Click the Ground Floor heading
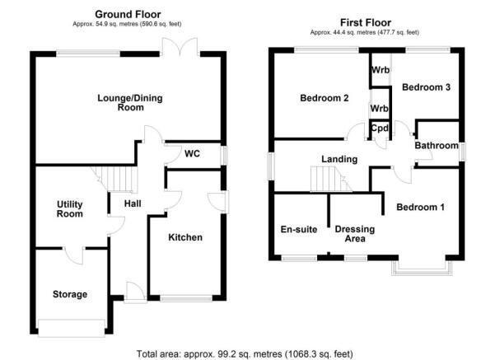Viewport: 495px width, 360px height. (128, 14)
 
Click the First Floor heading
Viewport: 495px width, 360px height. (366, 22)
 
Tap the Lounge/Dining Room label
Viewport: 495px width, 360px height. (130, 103)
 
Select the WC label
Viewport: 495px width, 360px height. (192, 154)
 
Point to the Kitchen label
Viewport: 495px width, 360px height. (185, 237)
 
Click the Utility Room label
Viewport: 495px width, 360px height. (70, 209)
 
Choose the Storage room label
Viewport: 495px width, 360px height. (70, 294)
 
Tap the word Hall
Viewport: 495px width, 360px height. (133, 203)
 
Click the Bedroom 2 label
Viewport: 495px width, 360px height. (325, 98)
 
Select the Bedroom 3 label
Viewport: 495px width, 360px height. (426, 87)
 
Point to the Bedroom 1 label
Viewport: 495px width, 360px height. (421, 207)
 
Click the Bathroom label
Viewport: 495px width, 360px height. (437, 145)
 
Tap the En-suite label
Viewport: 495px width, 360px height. (299, 229)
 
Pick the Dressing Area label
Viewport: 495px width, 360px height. (355, 234)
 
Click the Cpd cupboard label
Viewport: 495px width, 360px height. (380, 129)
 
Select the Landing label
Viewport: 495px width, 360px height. (339, 159)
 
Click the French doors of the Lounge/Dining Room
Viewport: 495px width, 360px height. (180, 48)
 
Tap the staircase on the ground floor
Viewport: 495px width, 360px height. (114, 179)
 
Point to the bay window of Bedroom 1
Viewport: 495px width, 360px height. (422, 268)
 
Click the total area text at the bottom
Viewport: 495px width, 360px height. (245, 353)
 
